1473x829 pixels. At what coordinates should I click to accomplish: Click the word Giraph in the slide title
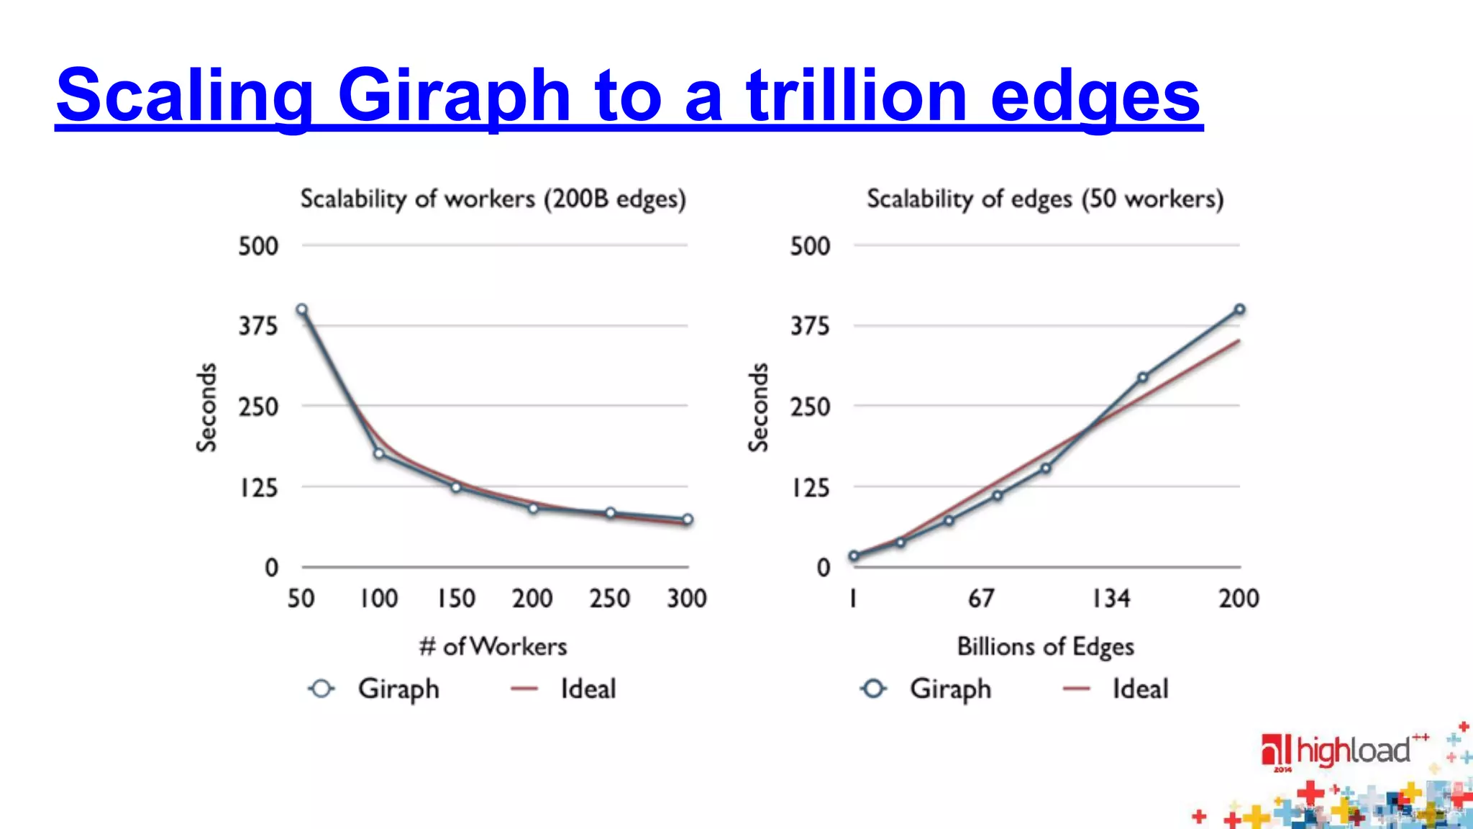click(453, 96)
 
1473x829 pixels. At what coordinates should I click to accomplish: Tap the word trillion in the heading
click(856, 96)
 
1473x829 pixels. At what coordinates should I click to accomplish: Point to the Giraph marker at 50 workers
click(302, 309)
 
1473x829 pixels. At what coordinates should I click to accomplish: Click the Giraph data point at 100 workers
click(379, 453)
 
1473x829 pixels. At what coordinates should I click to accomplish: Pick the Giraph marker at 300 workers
click(688, 519)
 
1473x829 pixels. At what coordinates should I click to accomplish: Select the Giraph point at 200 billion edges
click(1240, 309)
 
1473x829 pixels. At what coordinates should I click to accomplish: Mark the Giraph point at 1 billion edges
click(854, 556)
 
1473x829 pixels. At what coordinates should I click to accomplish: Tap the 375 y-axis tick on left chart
click(258, 327)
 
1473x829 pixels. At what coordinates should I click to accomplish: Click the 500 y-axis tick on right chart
click(810, 246)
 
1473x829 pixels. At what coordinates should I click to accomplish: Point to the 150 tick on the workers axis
click(456, 598)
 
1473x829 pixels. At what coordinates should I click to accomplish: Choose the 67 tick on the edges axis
click(981, 598)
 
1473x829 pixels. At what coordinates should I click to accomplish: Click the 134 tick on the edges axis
click(1111, 598)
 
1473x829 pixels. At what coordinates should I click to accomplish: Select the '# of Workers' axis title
click(493, 646)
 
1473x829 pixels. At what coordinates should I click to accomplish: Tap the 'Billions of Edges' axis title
click(1045, 646)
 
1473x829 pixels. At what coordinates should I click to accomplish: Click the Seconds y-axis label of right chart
click(758, 407)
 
